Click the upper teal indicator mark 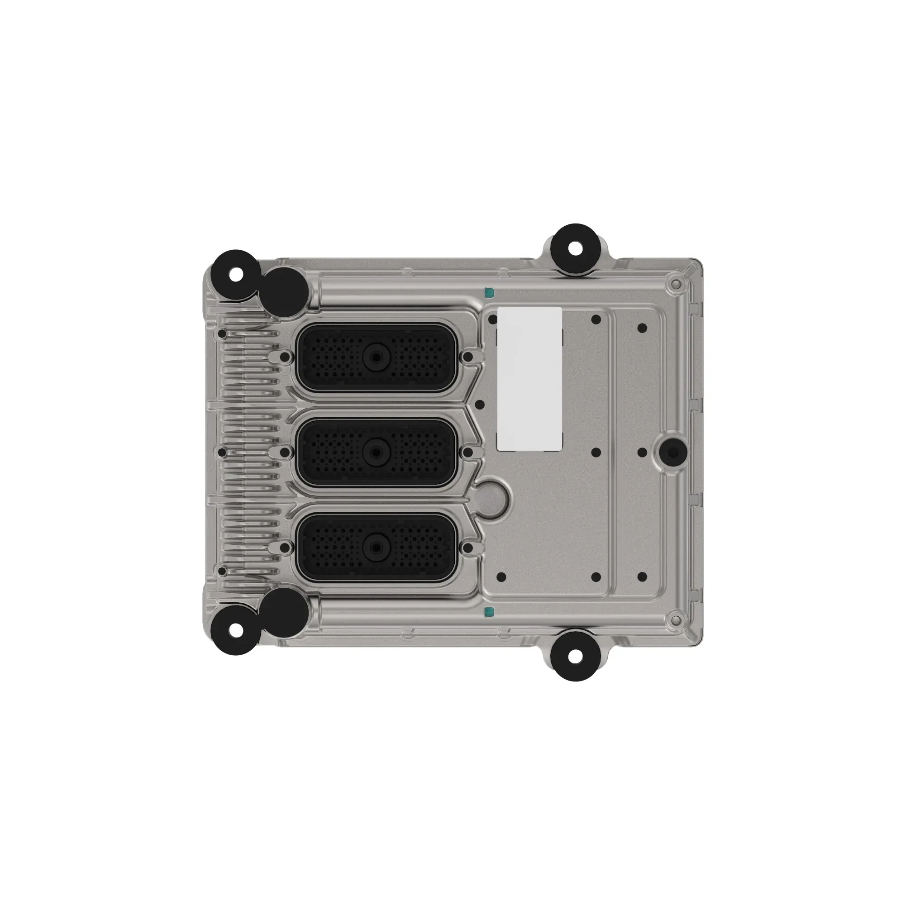pyautogui.click(x=489, y=294)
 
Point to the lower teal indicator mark pyautogui.click(x=489, y=611)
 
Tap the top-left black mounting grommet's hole pyautogui.click(x=237, y=275)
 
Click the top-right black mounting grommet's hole pyautogui.click(x=576, y=249)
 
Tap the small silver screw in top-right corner pyautogui.click(x=675, y=284)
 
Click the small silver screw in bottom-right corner pyautogui.click(x=675, y=620)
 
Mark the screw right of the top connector pyautogui.click(x=467, y=357)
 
